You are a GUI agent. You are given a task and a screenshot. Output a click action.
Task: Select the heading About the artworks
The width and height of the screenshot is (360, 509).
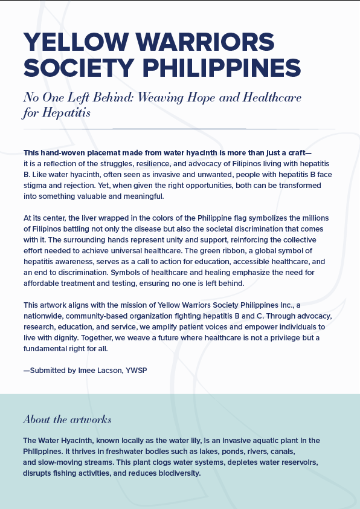(67, 420)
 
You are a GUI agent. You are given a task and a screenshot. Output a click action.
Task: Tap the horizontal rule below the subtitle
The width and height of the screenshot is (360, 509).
(179, 129)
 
